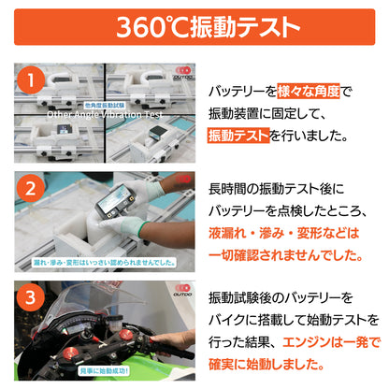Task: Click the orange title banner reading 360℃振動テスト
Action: pos(194,27)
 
